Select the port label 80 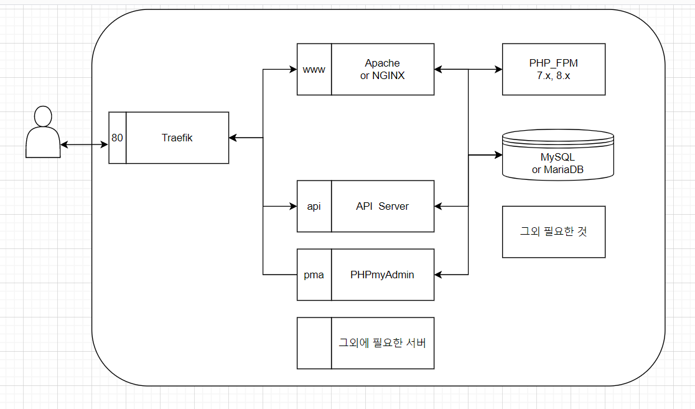click(117, 138)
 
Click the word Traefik click(177, 138)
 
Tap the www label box click(314, 69)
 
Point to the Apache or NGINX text click(382, 69)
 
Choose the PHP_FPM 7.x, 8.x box click(554, 69)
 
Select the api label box click(314, 206)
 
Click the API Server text click(382, 206)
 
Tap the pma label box click(314, 275)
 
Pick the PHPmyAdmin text click(382, 275)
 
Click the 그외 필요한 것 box click(554, 232)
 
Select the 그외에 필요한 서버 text click(382, 342)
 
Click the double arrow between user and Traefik click(85, 145)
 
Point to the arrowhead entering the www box click(293, 69)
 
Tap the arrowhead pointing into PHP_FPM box click(498, 69)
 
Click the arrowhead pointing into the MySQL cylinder click(498, 154)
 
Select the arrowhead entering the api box click(293, 206)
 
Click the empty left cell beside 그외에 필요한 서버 click(314, 343)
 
